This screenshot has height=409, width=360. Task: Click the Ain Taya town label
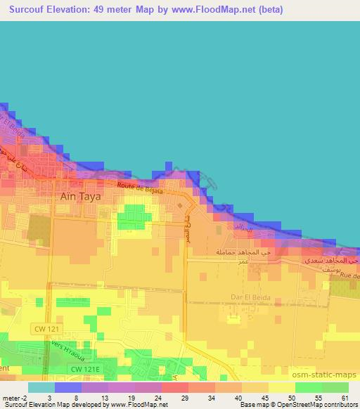click(x=81, y=197)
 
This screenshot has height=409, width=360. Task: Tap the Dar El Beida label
click(x=251, y=297)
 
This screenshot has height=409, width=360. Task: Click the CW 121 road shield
click(x=44, y=327)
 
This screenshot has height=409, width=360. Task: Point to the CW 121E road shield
click(x=84, y=368)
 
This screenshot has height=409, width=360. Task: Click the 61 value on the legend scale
click(x=344, y=398)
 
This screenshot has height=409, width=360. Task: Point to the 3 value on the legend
click(x=49, y=398)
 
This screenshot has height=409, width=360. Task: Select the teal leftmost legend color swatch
click(x=41, y=387)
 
